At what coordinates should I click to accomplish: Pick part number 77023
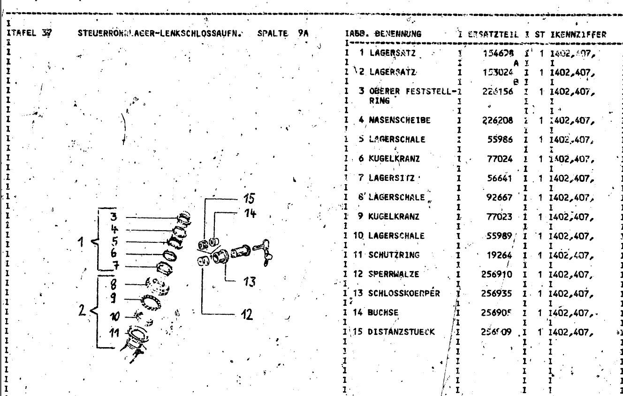(500, 217)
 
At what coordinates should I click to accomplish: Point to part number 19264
(500, 256)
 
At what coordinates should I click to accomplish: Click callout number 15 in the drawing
(249, 198)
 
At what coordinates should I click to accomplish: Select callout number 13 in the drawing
(250, 282)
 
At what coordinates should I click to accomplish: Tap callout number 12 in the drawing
(246, 314)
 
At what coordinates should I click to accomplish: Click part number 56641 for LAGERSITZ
(500, 178)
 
